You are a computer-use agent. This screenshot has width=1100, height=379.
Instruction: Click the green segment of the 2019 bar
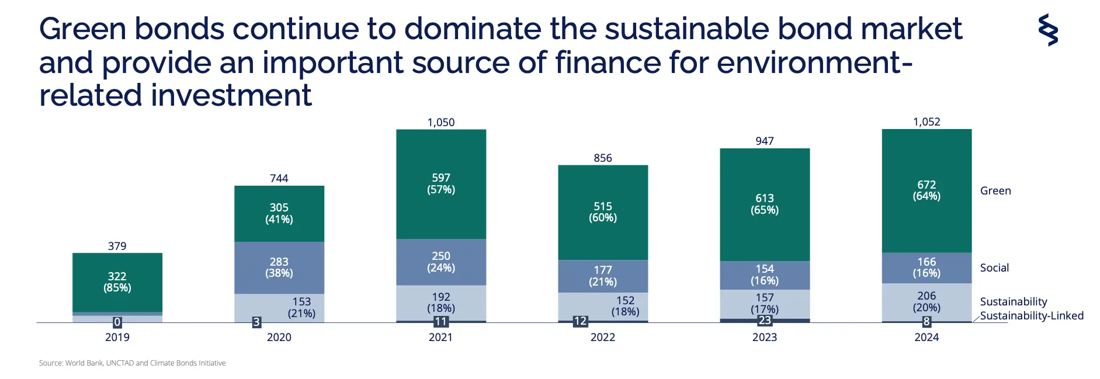[x=117, y=283]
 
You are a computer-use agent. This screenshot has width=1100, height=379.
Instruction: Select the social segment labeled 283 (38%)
[x=279, y=267]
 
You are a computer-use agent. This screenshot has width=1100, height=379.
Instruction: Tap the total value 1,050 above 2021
[x=441, y=122]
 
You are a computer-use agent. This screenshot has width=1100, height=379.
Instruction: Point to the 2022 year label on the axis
[x=603, y=337]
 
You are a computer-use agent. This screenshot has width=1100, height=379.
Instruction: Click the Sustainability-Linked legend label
[x=1032, y=315]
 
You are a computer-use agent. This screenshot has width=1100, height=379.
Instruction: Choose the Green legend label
[x=995, y=190]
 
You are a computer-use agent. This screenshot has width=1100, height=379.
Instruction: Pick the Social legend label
[x=994, y=267]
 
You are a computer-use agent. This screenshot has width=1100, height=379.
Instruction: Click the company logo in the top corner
[x=1048, y=30]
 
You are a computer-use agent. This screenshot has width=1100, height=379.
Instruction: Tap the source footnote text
[x=132, y=363]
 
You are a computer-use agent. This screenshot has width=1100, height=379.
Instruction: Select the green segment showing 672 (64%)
[x=927, y=190]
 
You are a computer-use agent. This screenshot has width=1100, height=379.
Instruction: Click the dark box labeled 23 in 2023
[x=765, y=321]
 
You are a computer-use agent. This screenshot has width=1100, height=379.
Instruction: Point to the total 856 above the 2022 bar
[x=603, y=158]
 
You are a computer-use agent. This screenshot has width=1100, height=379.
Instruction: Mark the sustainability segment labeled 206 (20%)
[x=927, y=302]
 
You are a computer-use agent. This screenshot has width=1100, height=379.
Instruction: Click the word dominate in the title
[x=472, y=29]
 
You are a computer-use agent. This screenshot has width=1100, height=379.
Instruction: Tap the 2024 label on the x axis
[x=927, y=337]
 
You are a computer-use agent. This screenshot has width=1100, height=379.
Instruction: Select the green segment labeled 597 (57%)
[x=441, y=184]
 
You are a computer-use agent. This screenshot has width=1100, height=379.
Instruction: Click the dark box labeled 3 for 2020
[x=256, y=322]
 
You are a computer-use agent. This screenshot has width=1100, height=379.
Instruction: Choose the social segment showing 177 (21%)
[x=603, y=276]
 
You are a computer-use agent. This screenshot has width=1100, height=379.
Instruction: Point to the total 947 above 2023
[x=765, y=141]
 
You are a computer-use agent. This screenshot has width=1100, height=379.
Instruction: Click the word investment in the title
[x=231, y=95]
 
